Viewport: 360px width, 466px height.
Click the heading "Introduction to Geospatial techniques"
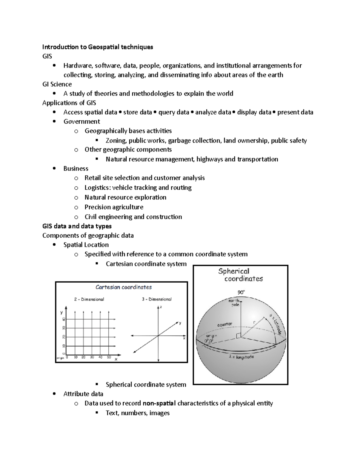tap(97, 47)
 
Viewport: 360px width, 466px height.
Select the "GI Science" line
tap(57, 84)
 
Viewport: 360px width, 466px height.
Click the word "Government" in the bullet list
tap(82, 122)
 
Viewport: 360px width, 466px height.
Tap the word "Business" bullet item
tap(76, 169)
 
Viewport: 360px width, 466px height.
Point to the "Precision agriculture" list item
tap(114, 207)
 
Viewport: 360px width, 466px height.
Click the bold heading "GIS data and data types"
tap(77, 226)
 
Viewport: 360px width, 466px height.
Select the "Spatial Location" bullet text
tap(86, 245)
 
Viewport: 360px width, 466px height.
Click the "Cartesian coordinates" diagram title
tap(124, 287)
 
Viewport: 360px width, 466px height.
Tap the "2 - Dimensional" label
tap(89, 299)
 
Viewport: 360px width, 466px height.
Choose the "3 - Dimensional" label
tap(157, 299)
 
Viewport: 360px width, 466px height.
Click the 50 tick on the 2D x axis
tap(109, 357)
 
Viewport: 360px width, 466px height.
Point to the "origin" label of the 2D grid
tap(60, 358)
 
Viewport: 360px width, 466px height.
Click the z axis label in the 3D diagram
tap(161, 307)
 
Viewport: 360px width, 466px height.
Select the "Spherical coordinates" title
tap(240, 275)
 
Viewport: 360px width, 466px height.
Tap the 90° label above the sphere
tap(241, 292)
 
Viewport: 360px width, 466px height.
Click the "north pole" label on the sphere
tap(234, 302)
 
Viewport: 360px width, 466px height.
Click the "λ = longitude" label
tap(241, 357)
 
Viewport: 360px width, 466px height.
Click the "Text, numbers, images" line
tap(137, 413)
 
